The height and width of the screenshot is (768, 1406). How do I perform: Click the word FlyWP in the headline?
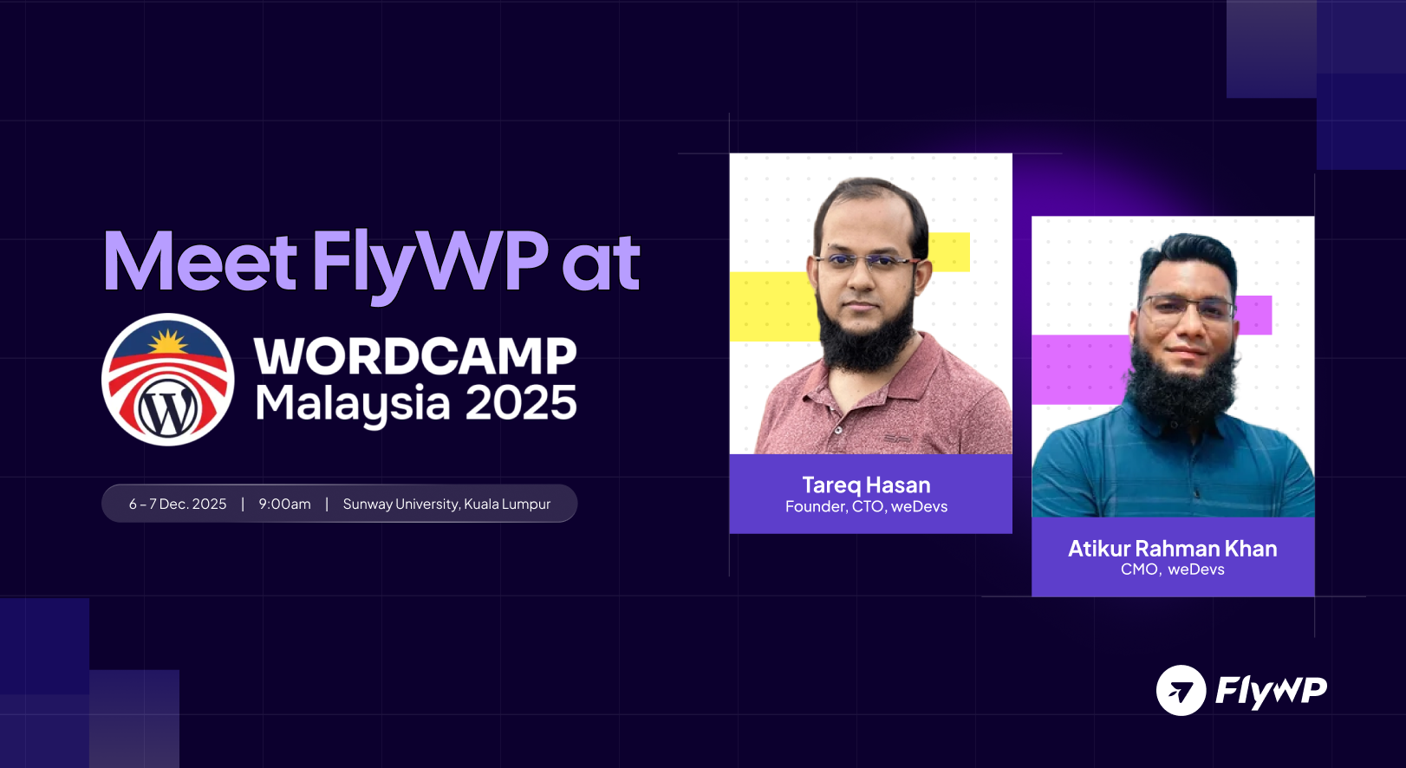pyautogui.click(x=429, y=262)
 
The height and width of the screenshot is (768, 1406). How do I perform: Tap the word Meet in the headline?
pyautogui.click(x=200, y=262)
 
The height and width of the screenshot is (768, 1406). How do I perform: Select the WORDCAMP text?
pyautogui.click(x=415, y=356)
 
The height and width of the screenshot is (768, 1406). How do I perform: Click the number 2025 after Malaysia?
pyautogui.click(x=521, y=403)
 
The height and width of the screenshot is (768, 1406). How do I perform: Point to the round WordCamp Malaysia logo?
pyautogui.click(x=168, y=380)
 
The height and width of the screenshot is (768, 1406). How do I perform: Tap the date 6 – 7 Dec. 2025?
pyautogui.click(x=178, y=504)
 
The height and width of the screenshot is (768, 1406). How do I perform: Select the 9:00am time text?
pyautogui.click(x=284, y=504)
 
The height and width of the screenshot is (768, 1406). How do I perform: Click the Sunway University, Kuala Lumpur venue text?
pyautogui.click(x=446, y=504)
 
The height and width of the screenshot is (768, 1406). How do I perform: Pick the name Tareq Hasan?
pyautogui.click(x=866, y=485)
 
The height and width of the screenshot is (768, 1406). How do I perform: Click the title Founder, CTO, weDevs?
pyautogui.click(x=866, y=507)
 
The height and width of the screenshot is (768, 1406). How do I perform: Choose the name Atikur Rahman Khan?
pyautogui.click(x=1172, y=549)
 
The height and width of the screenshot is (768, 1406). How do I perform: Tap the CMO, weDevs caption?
pyautogui.click(x=1172, y=569)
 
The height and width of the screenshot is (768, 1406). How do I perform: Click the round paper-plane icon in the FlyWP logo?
pyautogui.click(x=1181, y=690)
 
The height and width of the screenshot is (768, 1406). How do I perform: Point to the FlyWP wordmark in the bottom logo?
pyautogui.click(x=1271, y=691)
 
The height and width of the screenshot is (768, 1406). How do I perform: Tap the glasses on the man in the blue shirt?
pyautogui.click(x=1188, y=307)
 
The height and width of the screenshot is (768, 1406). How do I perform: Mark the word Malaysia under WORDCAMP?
pyautogui.click(x=353, y=404)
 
